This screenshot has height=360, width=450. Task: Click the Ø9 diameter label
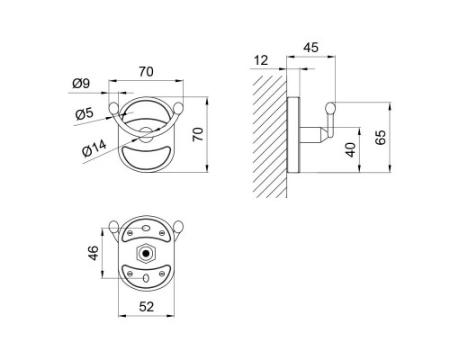(x=81, y=83)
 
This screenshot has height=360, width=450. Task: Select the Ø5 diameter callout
(x=85, y=113)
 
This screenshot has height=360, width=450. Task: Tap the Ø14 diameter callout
(x=94, y=148)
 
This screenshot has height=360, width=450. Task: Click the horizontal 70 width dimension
(x=146, y=72)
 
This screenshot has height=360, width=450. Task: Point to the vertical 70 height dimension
(x=198, y=134)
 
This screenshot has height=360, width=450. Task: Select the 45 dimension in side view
(x=310, y=48)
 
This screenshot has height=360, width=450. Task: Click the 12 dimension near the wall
(x=261, y=60)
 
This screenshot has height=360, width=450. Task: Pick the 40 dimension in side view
(x=350, y=149)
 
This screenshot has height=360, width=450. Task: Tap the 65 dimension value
(x=381, y=138)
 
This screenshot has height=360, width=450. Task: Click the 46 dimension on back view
(x=94, y=253)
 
